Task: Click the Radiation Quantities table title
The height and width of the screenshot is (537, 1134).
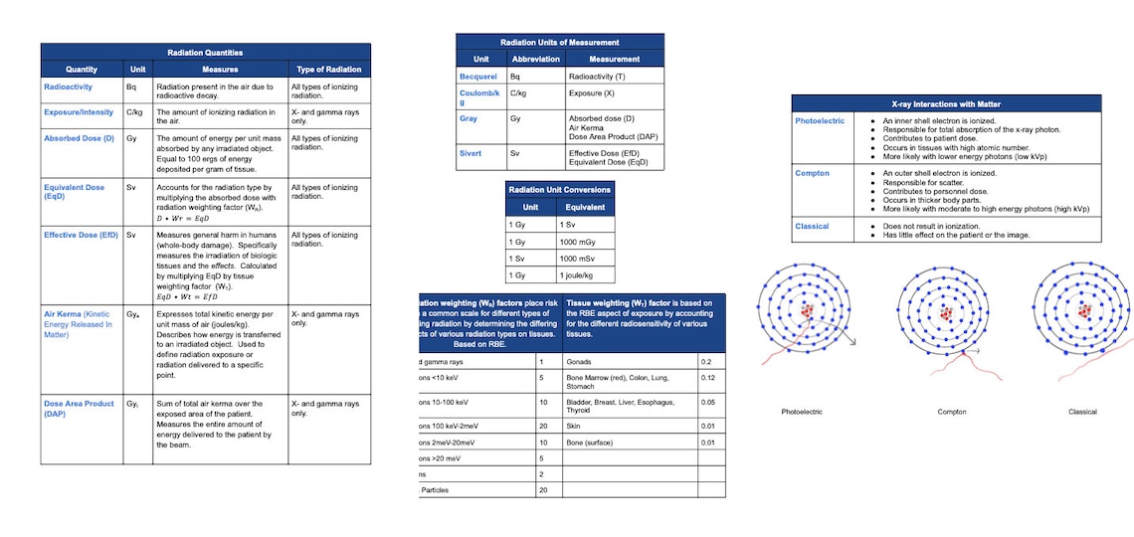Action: tap(205, 53)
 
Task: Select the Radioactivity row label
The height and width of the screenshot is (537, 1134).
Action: tap(68, 88)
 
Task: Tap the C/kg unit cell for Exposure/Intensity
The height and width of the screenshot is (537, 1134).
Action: tap(135, 112)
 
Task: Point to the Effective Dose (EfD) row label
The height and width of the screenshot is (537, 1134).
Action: tap(81, 235)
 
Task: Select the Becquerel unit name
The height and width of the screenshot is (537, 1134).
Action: tap(477, 76)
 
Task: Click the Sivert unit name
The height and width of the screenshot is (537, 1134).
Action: tap(471, 154)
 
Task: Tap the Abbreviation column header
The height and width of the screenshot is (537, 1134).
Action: tap(535, 59)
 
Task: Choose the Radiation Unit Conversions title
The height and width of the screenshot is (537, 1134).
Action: tap(559, 189)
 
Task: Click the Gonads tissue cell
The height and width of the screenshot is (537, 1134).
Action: tap(579, 362)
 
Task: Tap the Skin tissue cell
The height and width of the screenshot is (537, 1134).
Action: tap(574, 425)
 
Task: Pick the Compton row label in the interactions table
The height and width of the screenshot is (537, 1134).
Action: tap(812, 173)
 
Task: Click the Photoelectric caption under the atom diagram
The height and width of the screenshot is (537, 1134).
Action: tap(802, 411)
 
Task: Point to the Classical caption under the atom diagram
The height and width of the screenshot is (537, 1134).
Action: tap(1082, 411)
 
